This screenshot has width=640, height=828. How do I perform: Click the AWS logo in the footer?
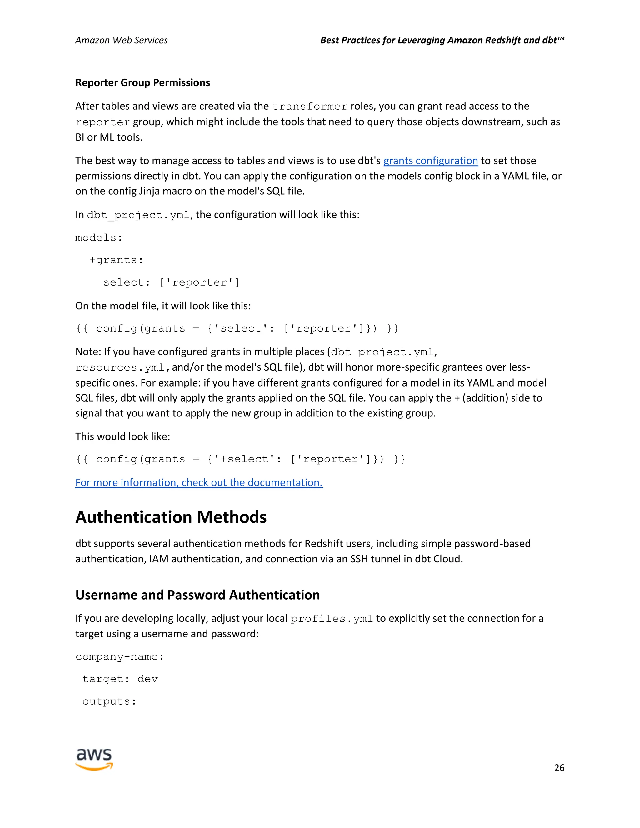pyautogui.click(x=94, y=759)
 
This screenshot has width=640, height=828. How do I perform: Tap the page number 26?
pyautogui.click(x=559, y=768)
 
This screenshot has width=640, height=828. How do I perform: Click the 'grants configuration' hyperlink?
pyautogui.click(x=430, y=161)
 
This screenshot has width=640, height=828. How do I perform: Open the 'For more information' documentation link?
pyautogui.click(x=199, y=483)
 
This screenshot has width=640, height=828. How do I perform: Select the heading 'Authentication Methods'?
pyautogui.click(x=171, y=517)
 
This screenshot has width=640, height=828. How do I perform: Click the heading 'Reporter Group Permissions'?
pyautogui.click(x=142, y=83)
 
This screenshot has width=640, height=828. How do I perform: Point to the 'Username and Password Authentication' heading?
pyautogui.click(x=197, y=595)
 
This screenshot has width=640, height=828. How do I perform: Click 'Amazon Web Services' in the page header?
pyautogui.click(x=121, y=40)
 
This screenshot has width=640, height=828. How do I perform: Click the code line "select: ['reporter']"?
pyautogui.click(x=171, y=282)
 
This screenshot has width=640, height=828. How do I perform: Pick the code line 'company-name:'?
pyautogui.click(x=119, y=657)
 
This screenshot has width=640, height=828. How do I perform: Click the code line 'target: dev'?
pyautogui.click(x=120, y=679)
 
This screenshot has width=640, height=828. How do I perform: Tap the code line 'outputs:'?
pyautogui.click(x=109, y=701)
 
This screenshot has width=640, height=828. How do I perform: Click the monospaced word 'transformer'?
pyautogui.click(x=309, y=107)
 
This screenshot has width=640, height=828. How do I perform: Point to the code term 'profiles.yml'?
pyautogui.click(x=332, y=619)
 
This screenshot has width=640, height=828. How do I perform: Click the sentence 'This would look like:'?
pyautogui.click(x=122, y=437)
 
